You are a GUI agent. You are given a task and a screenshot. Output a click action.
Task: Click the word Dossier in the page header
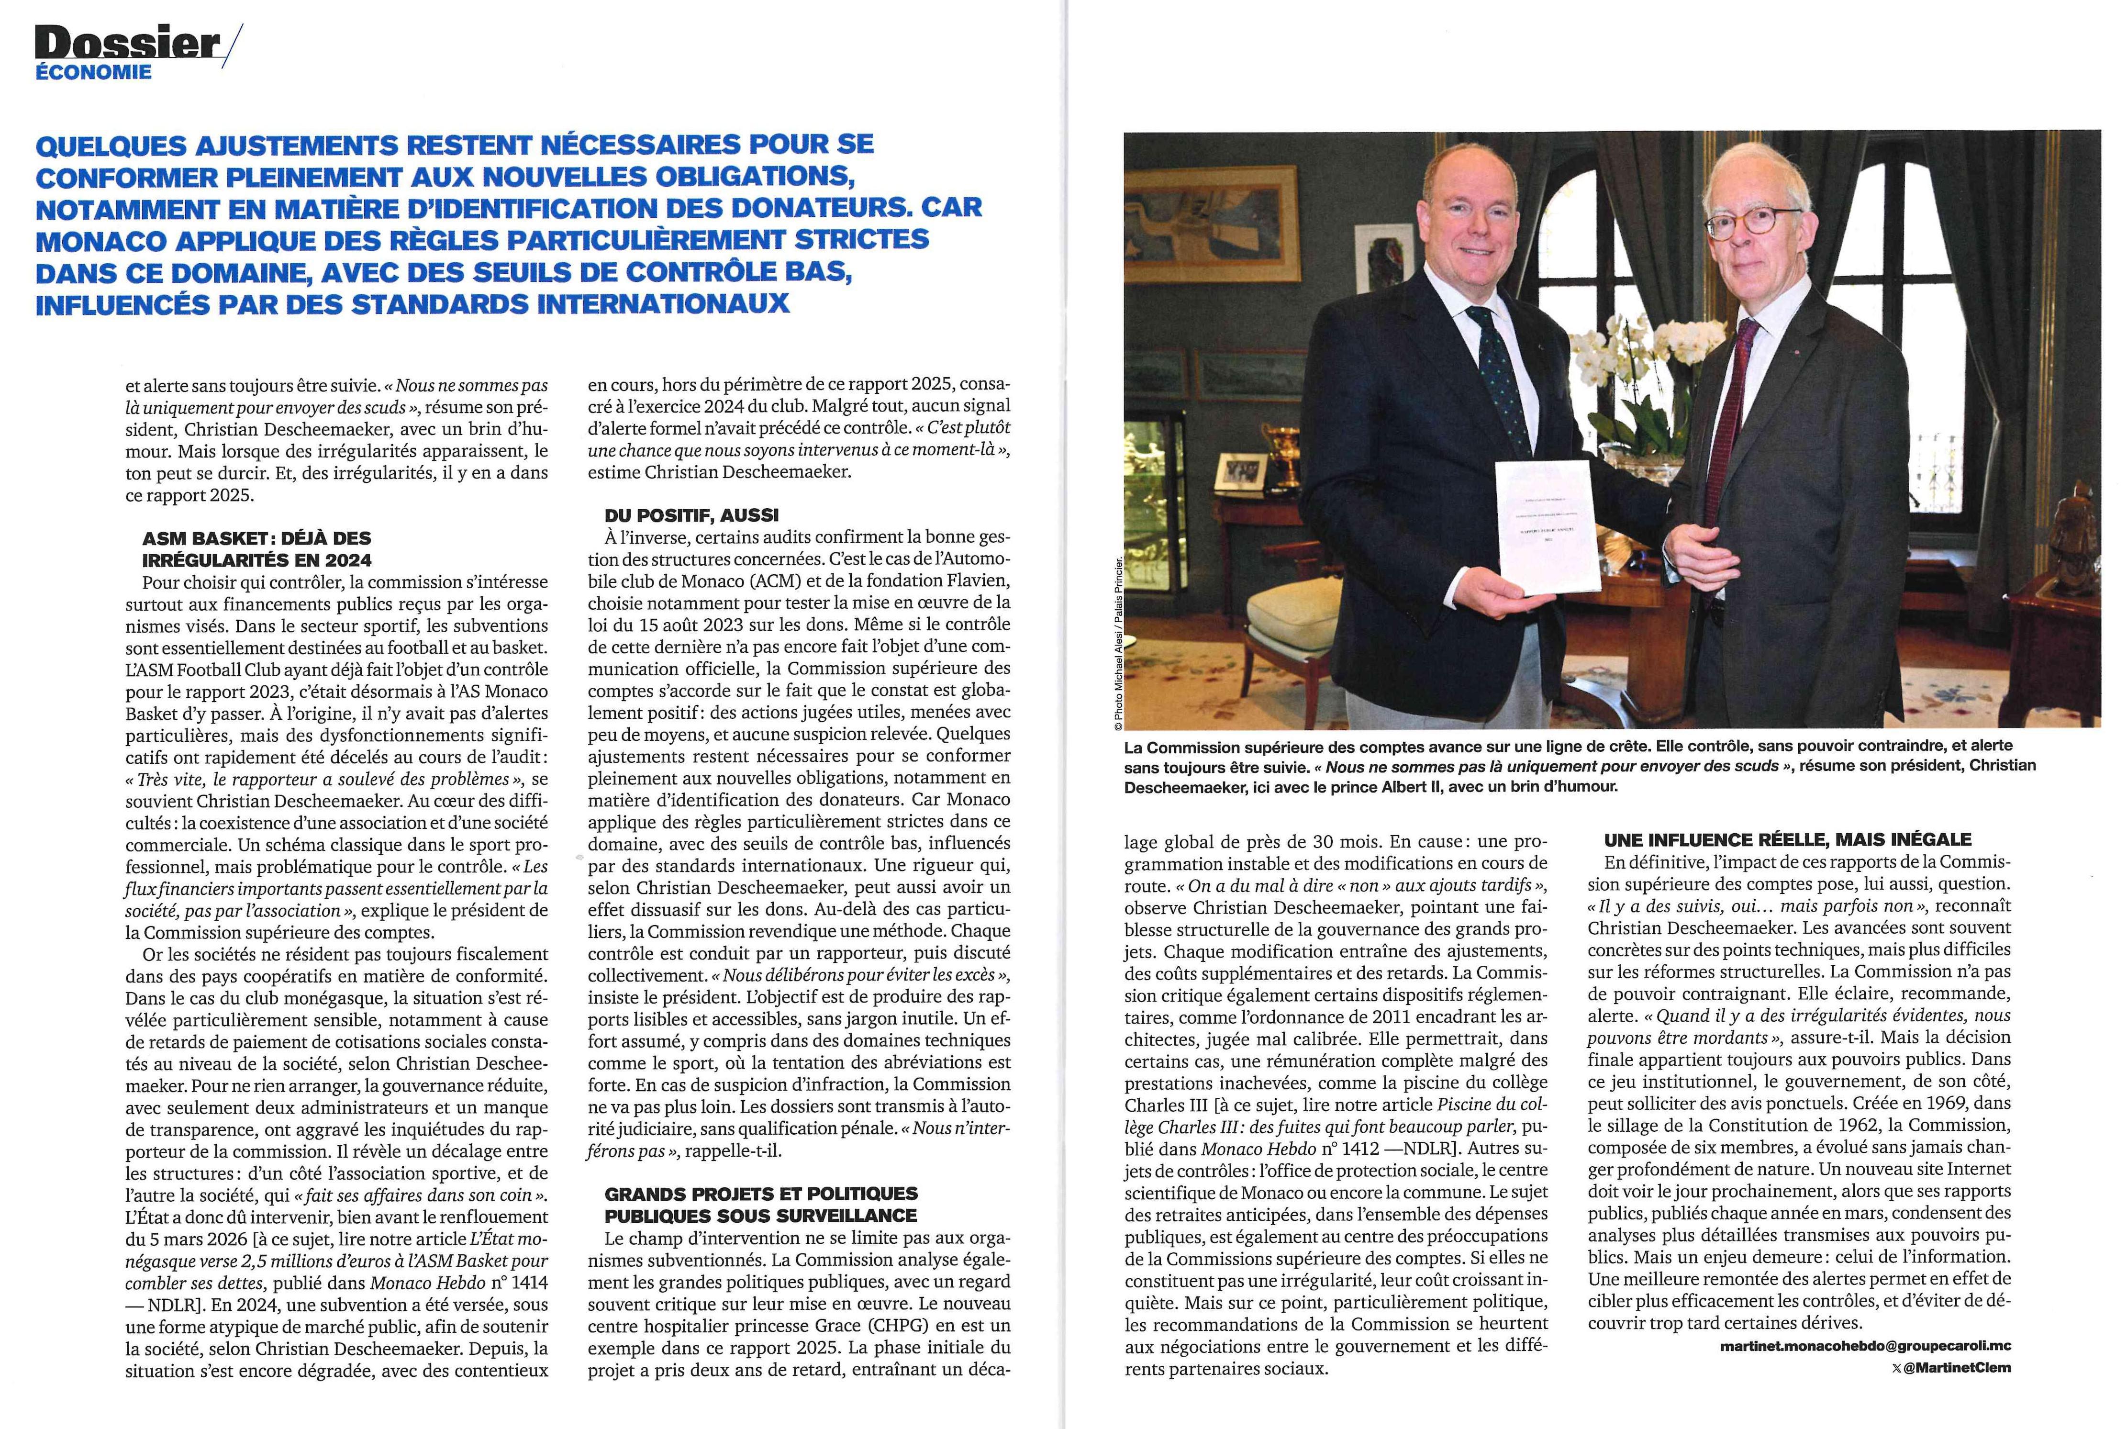click(x=128, y=44)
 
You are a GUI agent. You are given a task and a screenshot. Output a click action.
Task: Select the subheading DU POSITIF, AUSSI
click(x=691, y=515)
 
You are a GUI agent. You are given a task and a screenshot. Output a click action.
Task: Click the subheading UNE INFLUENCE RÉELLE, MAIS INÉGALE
click(x=1788, y=839)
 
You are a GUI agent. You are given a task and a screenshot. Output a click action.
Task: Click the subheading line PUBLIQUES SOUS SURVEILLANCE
click(x=761, y=1215)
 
